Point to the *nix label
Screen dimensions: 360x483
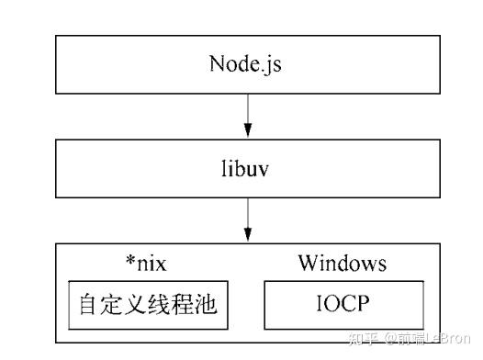[x=144, y=264]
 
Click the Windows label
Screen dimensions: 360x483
[x=342, y=264]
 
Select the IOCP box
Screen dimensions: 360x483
[x=343, y=305]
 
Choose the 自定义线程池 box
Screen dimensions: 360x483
[x=149, y=305]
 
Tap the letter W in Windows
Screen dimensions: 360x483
[x=307, y=264]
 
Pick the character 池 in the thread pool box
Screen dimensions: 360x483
[x=206, y=305]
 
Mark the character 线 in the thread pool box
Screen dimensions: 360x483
[x=149, y=305]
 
